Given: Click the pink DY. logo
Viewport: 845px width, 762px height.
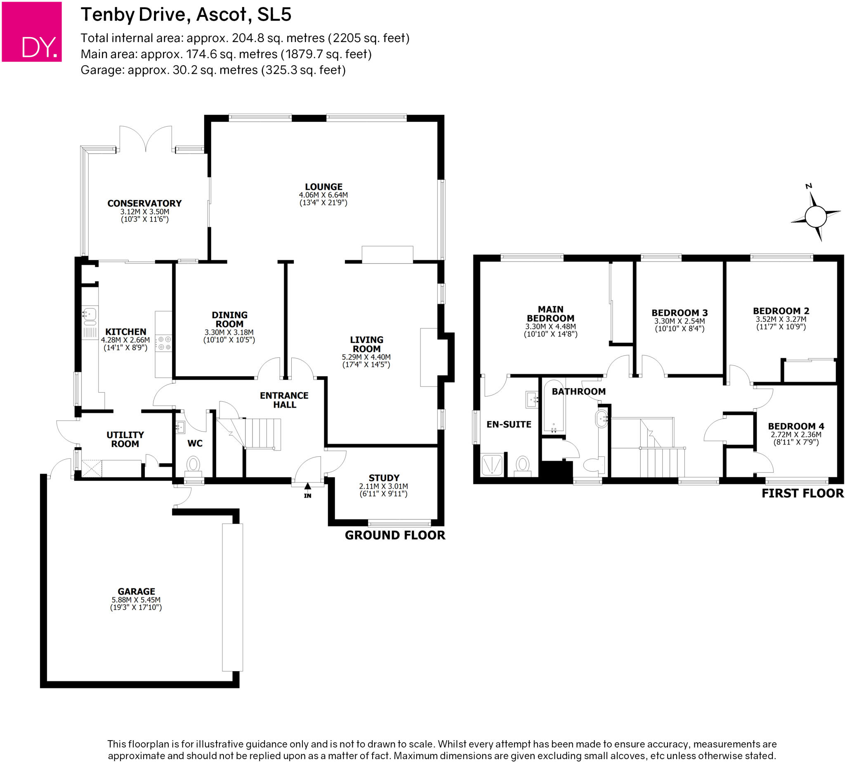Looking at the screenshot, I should (32, 32).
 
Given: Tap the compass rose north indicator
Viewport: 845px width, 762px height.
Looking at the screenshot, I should (815, 217).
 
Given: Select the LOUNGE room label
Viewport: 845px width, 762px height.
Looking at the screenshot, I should (323, 187).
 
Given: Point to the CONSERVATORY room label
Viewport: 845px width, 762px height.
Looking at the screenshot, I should (144, 203).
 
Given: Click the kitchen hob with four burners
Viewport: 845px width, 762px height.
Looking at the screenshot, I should (164, 343).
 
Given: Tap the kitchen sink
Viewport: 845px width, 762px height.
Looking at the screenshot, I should (89, 316).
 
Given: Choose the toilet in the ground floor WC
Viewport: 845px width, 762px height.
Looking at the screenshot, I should (193, 464).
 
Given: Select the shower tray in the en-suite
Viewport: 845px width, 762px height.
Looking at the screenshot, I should (491, 465).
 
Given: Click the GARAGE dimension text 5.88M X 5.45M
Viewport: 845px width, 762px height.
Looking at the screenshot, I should (136, 599).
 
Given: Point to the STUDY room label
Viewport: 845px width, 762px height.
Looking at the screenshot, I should (384, 478).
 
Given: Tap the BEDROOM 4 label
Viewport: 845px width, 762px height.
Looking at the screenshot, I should (795, 426).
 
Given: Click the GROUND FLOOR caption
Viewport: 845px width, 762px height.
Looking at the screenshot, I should (395, 535).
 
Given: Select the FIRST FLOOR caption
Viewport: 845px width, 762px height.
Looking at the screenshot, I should (802, 493).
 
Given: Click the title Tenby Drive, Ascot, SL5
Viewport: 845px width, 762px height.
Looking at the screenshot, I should (186, 15).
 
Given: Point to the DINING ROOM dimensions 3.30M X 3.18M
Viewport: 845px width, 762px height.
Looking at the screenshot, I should (229, 333).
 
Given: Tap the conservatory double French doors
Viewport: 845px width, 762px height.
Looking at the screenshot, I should (146, 138).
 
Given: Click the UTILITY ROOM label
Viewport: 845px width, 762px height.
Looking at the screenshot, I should (125, 439).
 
